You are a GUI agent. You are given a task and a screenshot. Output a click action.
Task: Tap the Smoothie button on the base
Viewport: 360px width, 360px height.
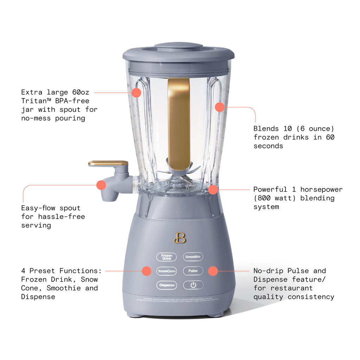click(193, 257)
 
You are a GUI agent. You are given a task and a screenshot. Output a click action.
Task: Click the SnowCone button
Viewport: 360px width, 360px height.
click(167, 271)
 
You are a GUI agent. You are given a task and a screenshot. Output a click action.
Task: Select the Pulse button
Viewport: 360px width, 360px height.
click(193, 271)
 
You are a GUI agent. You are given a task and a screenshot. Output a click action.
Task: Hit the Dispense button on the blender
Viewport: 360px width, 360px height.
click(167, 285)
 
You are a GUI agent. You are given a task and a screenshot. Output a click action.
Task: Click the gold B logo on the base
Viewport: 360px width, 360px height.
click(180, 238)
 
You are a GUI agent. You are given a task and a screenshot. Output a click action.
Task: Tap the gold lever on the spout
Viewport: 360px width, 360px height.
click(108, 163)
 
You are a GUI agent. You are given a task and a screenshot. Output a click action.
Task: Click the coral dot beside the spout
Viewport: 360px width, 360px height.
click(101, 185)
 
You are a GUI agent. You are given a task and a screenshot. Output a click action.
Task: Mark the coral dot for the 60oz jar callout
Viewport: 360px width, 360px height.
click(136, 93)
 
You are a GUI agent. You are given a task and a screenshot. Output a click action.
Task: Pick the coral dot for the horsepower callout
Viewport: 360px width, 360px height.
click(213, 190)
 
